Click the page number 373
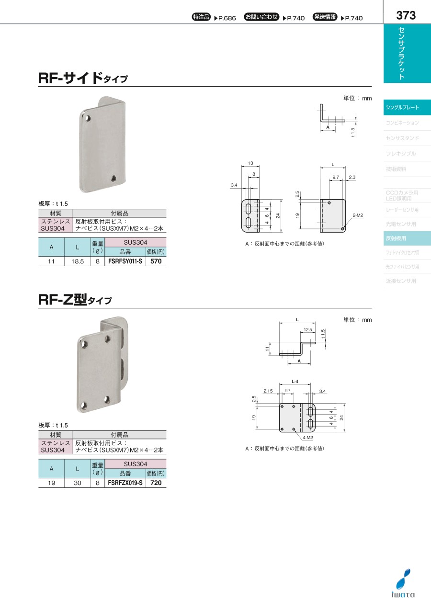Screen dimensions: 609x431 [406, 15]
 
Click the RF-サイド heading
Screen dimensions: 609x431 [83, 78]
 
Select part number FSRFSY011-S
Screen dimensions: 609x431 [125, 262]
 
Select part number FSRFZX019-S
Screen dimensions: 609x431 [125, 484]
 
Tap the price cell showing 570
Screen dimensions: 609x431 [156, 262]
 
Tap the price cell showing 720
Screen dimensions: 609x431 [156, 484]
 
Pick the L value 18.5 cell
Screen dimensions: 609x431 [77, 262]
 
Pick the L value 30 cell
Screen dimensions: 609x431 [77, 484]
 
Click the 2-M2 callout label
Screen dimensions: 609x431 [358, 216]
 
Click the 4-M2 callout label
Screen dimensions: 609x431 [307, 438]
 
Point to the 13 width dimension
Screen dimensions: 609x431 [250, 163]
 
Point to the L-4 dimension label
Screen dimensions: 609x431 [295, 382]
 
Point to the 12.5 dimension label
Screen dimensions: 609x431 [307, 330]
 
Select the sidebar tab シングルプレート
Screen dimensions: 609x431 [407, 108]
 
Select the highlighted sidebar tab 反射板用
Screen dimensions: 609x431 [407, 238]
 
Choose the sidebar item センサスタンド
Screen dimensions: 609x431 [407, 138]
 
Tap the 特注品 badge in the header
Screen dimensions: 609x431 [201, 17]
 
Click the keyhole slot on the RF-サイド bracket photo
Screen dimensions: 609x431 [113, 178]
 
